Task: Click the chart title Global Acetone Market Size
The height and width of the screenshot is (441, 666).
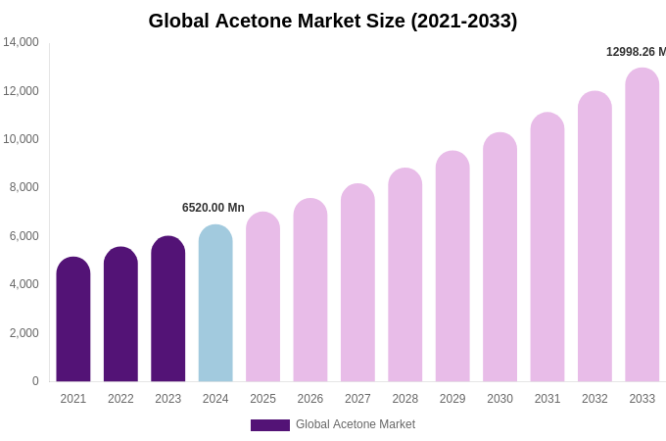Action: coord(333,21)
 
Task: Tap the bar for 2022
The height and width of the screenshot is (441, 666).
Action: coord(120,315)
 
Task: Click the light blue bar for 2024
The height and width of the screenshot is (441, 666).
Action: coord(215,304)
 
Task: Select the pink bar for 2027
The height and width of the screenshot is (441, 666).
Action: coord(357,283)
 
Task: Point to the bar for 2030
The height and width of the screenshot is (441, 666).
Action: coord(499,258)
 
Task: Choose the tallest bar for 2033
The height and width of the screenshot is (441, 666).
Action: coord(642,225)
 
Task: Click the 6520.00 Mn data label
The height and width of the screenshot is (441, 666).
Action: coord(214,208)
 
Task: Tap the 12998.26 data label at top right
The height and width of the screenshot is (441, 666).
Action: coord(636,52)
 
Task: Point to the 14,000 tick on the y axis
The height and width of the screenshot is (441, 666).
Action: coord(21,42)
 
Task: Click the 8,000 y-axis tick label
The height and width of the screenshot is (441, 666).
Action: coord(24,187)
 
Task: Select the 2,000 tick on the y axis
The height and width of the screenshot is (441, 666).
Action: coord(24,333)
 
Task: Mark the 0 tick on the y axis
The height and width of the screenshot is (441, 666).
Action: coord(35,381)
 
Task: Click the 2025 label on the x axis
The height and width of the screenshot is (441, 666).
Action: coord(262,399)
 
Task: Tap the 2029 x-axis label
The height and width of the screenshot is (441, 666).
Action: coord(452,399)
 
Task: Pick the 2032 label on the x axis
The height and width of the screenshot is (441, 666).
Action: coord(595,399)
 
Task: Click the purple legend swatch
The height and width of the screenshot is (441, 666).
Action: coord(270,425)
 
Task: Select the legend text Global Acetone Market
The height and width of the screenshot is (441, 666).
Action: coord(356,424)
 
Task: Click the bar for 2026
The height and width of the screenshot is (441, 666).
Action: coord(310,290)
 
